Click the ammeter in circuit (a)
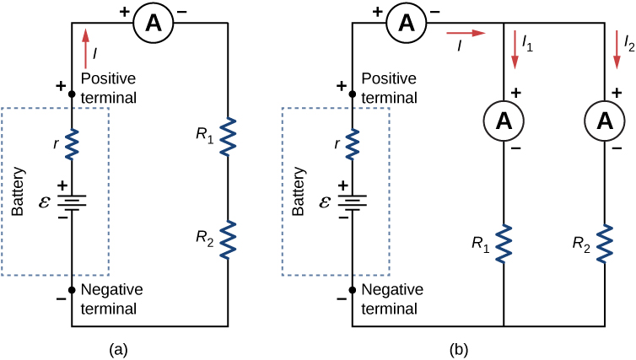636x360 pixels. click(x=154, y=24)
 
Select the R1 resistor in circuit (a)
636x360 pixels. click(x=228, y=137)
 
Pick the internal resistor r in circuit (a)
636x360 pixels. click(x=72, y=143)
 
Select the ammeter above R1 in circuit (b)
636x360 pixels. click(x=504, y=121)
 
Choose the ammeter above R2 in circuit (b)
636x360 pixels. click(x=605, y=121)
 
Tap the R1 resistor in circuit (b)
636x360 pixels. click(x=504, y=243)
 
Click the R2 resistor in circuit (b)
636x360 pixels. click(x=605, y=243)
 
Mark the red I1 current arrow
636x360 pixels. click(x=514, y=49)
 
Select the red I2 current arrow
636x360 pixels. click(x=617, y=49)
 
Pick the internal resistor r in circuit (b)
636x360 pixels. click(x=352, y=143)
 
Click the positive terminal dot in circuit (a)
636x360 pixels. click(x=72, y=95)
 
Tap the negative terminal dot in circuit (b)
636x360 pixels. click(x=352, y=289)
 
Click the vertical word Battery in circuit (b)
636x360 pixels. click(x=297, y=196)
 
